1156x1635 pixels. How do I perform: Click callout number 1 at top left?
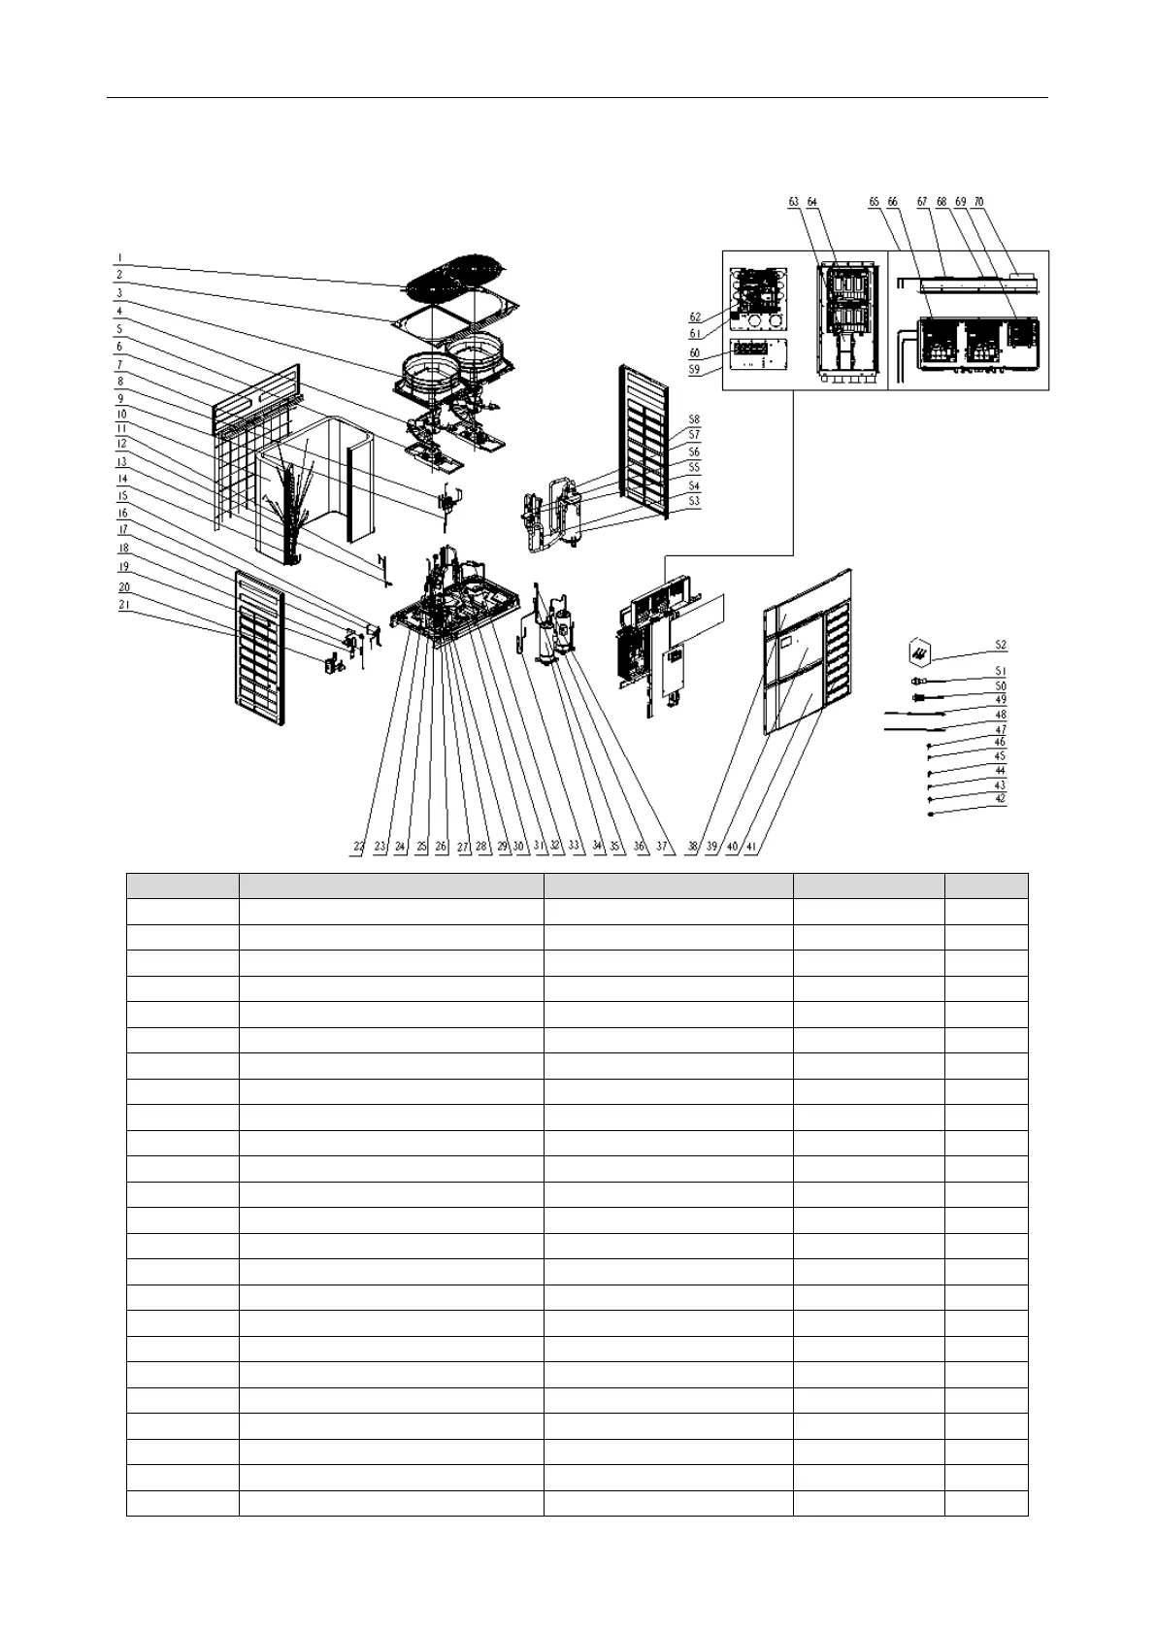119,258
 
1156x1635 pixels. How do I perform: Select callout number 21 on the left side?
123,604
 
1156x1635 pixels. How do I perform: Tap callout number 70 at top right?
978,202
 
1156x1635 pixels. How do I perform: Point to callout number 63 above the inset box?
794,202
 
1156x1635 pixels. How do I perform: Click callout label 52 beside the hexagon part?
1001,645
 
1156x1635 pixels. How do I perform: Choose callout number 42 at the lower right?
1001,799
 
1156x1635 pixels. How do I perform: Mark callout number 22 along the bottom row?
359,847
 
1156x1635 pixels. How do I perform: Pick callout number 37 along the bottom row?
662,847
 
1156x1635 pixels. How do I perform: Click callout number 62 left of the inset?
695,317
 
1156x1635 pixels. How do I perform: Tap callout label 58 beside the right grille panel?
694,419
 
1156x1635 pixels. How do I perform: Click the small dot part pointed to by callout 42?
930,815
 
